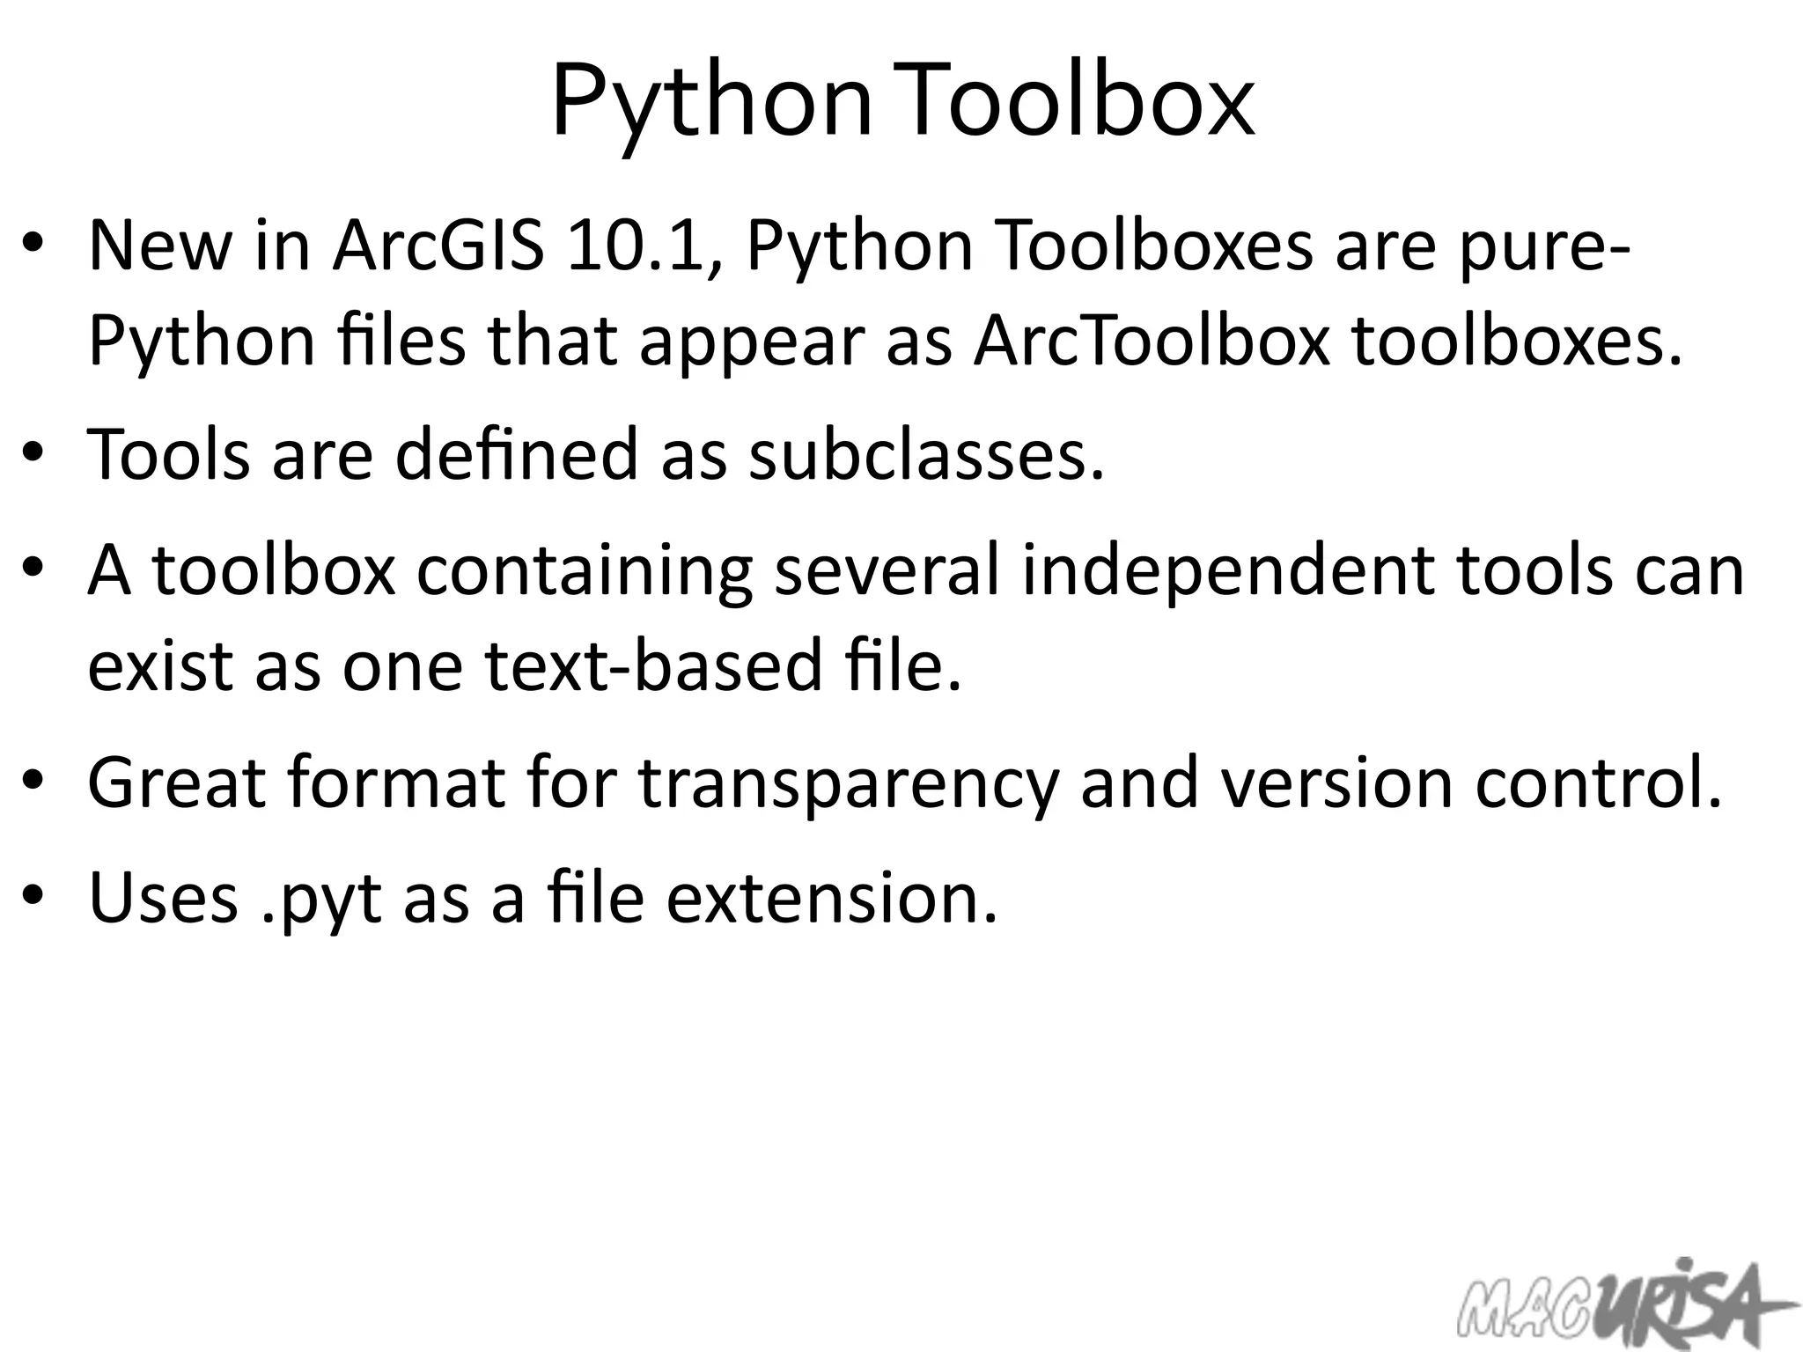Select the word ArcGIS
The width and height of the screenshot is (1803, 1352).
(438, 246)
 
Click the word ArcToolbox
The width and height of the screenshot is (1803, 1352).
(1151, 342)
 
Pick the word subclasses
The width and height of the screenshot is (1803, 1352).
(925, 454)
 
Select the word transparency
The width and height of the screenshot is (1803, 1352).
(848, 783)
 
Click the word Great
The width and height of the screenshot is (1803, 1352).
(177, 783)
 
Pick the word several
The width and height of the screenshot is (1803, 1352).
(887, 569)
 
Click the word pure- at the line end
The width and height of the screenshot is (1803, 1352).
(1542, 247)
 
